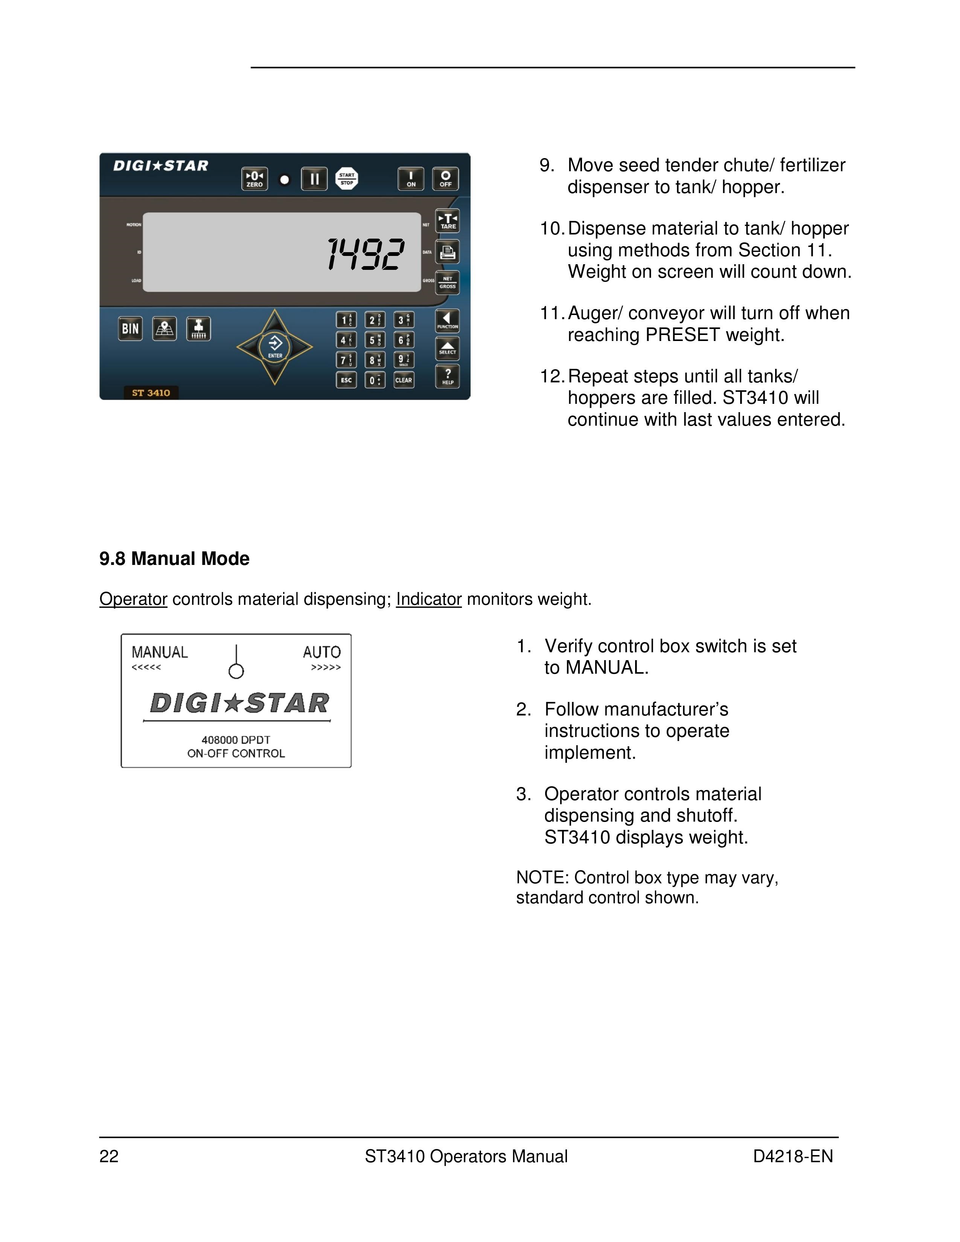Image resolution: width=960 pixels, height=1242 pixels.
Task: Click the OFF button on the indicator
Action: point(445,178)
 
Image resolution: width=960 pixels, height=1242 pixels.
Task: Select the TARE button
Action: point(448,221)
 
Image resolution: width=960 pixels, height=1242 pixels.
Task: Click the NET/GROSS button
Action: point(448,283)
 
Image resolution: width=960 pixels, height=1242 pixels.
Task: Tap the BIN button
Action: point(130,329)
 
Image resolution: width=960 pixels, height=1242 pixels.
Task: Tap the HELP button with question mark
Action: point(448,376)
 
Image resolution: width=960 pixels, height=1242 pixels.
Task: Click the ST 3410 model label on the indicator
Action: point(151,393)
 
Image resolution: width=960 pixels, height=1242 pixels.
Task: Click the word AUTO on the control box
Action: point(322,652)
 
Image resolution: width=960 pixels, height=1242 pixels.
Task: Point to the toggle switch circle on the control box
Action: point(236,671)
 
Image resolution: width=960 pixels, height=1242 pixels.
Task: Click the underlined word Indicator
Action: point(429,599)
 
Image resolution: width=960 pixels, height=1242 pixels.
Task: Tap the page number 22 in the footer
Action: point(109,1156)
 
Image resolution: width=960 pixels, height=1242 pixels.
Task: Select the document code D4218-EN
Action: point(793,1156)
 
